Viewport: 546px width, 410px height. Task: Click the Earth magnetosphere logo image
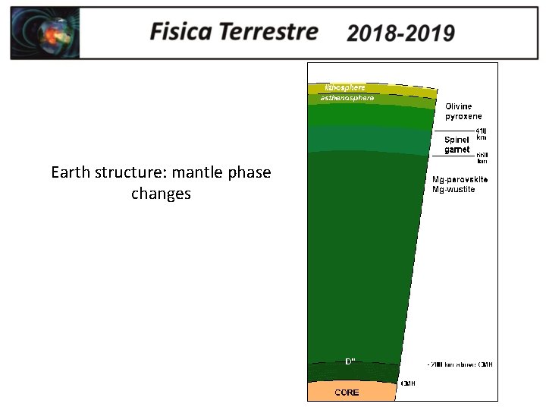coord(45,33)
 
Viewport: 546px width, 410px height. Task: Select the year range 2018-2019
coord(400,33)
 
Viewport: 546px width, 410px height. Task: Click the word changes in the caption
coord(161,194)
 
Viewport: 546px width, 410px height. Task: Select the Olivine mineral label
coord(460,106)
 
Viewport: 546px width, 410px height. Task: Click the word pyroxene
coord(463,116)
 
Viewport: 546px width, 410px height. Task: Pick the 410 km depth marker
coord(481,134)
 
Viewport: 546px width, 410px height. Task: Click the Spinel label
coord(457,140)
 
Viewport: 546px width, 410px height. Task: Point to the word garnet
coord(457,150)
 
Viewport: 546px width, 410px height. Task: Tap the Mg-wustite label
coord(453,189)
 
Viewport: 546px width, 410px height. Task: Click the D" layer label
coord(350,361)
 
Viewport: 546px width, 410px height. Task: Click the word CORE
coord(347,393)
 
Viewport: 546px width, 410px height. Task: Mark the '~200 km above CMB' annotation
coord(459,365)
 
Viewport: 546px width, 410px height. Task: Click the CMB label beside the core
coord(408,384)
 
